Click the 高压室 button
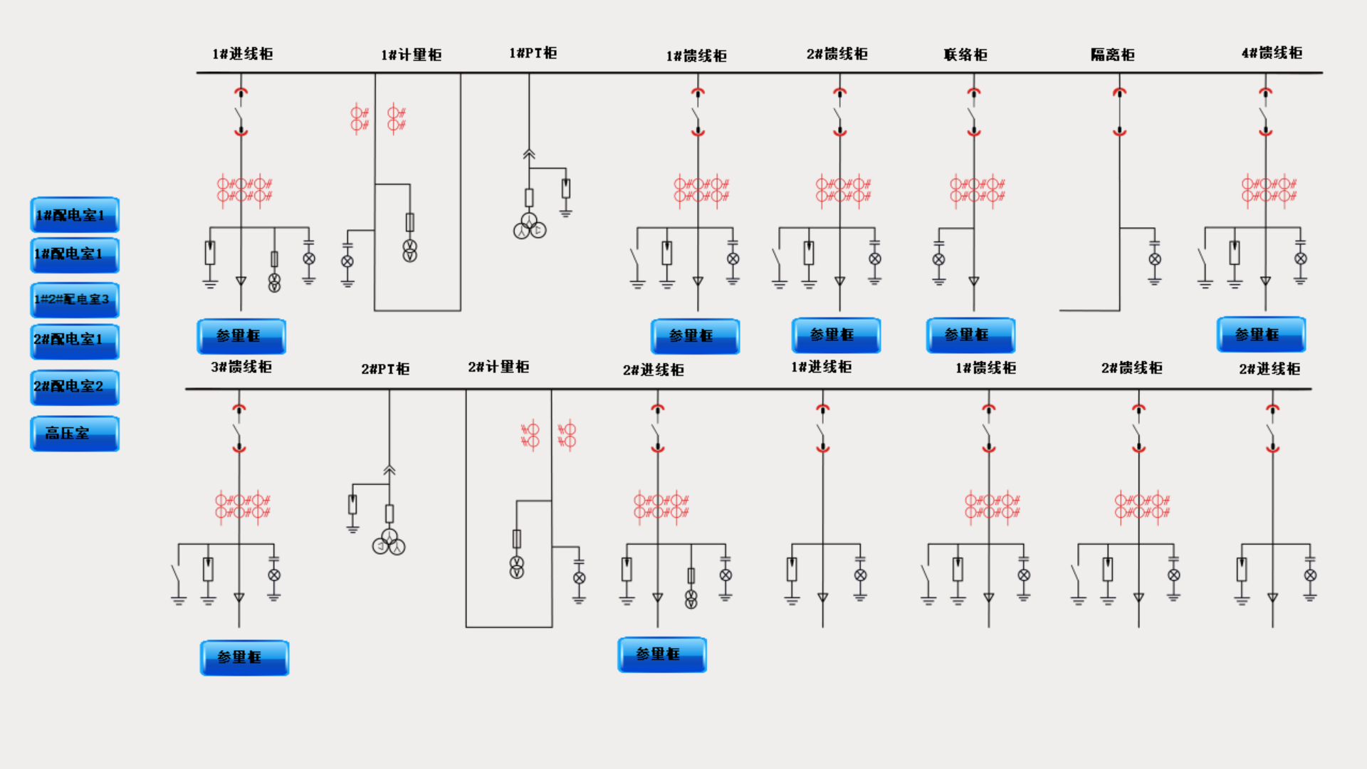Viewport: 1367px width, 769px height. click(74, 433)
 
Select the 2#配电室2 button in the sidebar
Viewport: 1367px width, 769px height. click(74, 387)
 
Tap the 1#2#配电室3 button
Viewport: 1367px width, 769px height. click(74, 300)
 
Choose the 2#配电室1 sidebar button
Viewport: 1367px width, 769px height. click(74, 340)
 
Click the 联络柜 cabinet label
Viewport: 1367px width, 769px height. click(965, 55)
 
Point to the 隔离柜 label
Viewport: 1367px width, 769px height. click(1112, 55)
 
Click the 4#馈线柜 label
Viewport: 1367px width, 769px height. click(1272, 53)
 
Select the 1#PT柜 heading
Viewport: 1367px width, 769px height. click(533, 53)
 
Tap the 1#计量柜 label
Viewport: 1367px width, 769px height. click(411, 55)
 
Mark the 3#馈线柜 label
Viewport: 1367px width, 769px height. click(241, 367)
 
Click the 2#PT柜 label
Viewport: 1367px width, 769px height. click(385, 369)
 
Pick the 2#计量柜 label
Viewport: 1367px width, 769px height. click(498, 367)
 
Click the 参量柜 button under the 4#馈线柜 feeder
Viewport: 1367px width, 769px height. click(1260, 335)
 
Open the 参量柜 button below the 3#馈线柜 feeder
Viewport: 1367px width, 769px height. click(244, 657)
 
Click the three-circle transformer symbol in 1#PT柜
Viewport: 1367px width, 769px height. click(529, 226)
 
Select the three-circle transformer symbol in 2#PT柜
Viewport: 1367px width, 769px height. click(389, 543)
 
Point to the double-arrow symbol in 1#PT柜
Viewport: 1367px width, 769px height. click(529, 154)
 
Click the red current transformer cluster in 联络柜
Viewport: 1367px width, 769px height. click(977, 190)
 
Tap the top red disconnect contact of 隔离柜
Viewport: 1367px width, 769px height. click(1119, 92)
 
